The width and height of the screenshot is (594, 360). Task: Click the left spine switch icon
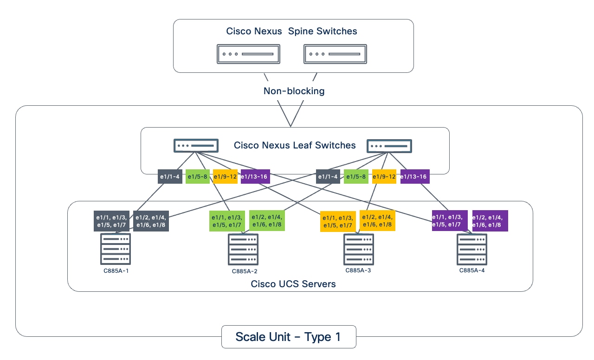[x=248, y=54]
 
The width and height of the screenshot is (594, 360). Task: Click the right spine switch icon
[x=335, y=54]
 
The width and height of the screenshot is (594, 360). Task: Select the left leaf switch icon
[x=196, y=146]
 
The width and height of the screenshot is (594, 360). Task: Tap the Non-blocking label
[x=294, y=91]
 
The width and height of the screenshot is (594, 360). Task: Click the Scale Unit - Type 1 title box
[x=288, y=337]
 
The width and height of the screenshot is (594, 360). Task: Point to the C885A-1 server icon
[x=115, y=249]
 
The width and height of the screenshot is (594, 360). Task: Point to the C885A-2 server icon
[x=243, y=250]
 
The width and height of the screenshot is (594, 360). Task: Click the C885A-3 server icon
[x=359, y=250]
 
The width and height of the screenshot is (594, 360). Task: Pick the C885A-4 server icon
[x=472, y=250]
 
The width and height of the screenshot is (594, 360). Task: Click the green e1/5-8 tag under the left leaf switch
[x=198, y=176]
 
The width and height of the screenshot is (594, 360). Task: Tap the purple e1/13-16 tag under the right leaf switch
[x=414, y=176]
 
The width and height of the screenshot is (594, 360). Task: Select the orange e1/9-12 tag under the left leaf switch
[x=225, y=176]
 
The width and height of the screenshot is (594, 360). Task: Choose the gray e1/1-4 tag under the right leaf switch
[x=328, y=176]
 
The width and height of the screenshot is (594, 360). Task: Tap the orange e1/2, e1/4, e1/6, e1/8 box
[x=377, y=220]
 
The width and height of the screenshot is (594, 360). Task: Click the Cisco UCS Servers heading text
[x=293, y=283]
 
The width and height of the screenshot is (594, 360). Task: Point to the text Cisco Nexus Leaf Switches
[x=295, y=145]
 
